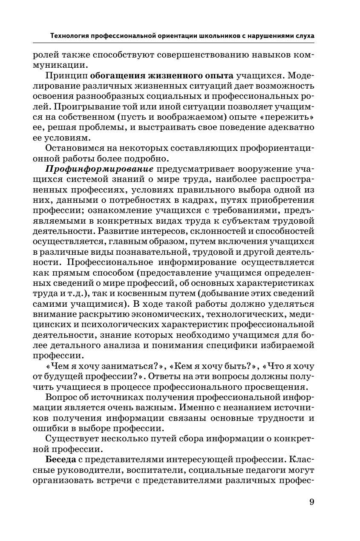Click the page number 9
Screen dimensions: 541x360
311,502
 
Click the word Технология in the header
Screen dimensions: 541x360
70,36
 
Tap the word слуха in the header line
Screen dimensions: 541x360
304,36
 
